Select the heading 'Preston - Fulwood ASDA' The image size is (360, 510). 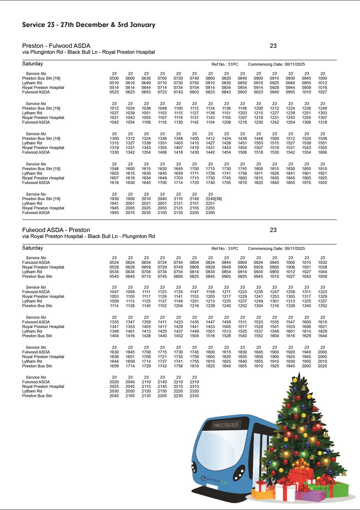coord(56,46)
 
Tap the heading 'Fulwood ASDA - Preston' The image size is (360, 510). coord(56,230)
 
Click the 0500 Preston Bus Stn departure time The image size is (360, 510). coord(114,78)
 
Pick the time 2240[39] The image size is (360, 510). coord(214,199)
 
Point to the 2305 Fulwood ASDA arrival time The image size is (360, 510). coord(210,213)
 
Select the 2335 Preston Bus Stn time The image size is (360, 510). coord(194,396)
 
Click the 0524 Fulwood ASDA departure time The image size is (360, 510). coord(114,263)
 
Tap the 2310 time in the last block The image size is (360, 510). coord(194,382)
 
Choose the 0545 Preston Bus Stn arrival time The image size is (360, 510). coord(114,277)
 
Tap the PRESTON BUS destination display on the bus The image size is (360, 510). coord(226,425)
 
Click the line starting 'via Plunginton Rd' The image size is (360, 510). coord(88,52)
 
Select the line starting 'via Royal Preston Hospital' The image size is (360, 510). coord(88,236)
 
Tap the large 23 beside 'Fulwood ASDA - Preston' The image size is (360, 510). coord(273,230)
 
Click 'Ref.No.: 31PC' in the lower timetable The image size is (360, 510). coord(225,249)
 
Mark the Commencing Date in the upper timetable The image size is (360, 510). coord(276,64)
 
